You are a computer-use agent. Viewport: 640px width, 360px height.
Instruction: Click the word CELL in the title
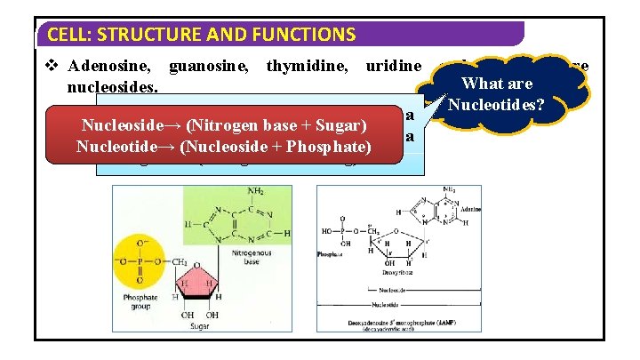(66, 35)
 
